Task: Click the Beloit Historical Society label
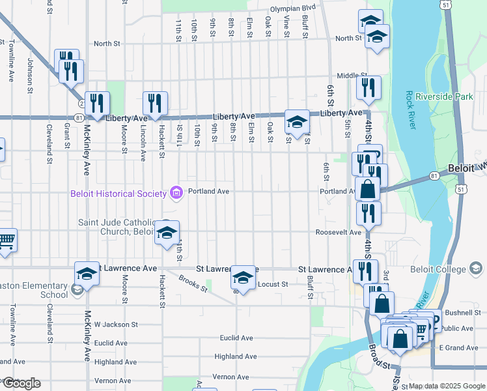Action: coord(120,193)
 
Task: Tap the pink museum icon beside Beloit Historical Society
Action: coord(175,192)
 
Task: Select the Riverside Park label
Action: coord(449,96)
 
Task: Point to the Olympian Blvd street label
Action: coord(293,8)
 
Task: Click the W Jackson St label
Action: coord(116,324)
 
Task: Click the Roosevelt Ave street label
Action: coord(338,232)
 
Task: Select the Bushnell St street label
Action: coord(462,314)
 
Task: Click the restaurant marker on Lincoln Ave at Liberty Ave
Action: coord(156,102)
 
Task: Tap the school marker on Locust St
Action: coord(243,278)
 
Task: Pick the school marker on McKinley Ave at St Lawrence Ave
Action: coord(87,274)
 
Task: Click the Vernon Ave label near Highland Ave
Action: coord(230,377)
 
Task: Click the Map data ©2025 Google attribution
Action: coord(446,386)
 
